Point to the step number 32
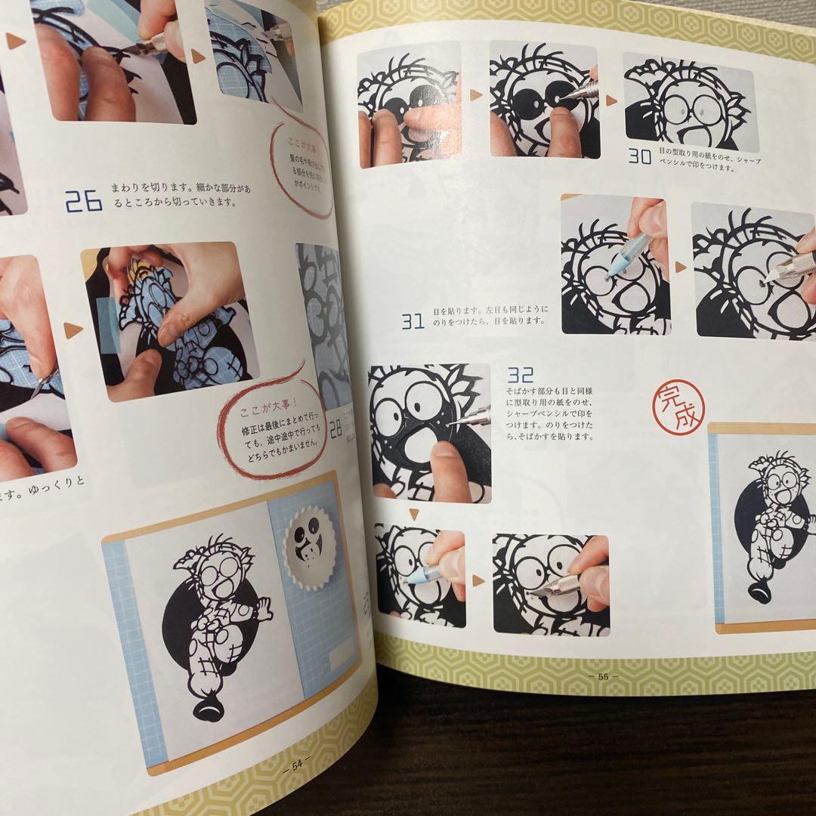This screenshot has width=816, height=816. [x=522, y=376]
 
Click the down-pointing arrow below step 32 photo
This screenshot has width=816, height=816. [x=415, y=514]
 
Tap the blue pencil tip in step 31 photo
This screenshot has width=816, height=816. [x=618, y=265]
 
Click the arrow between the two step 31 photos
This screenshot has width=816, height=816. [x=680, y=267]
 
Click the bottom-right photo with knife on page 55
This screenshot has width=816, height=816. [x=550, y=583]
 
